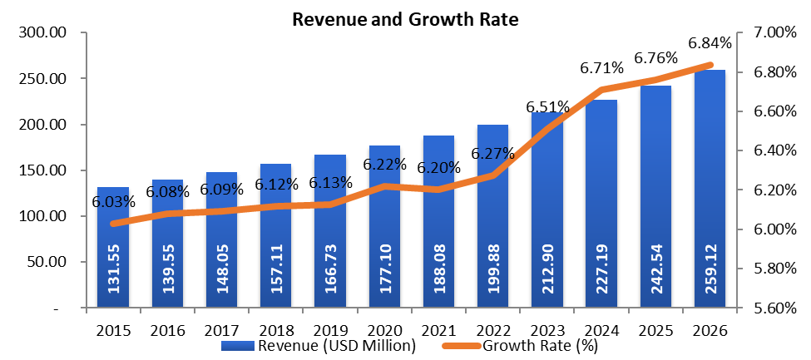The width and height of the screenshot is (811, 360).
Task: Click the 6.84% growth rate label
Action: (709, 42)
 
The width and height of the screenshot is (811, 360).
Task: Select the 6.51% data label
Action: (546, 107)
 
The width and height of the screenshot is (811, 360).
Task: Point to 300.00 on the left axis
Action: (44, 33)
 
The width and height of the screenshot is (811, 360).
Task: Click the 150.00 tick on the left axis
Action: (44, 170)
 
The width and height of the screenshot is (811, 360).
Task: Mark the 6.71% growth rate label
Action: (601, 68)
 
